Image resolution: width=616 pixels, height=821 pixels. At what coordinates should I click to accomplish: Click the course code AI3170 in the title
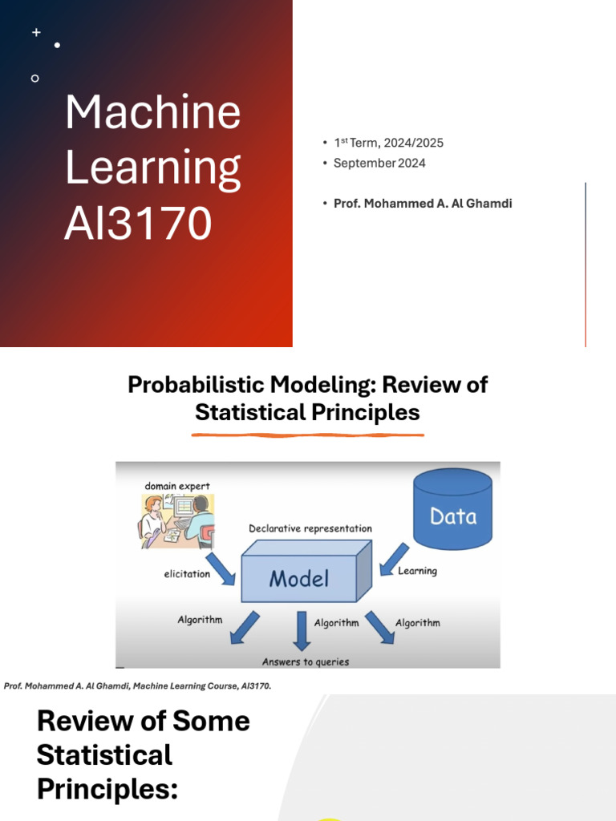pos(138,224)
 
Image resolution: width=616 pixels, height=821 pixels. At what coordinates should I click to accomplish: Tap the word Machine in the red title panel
pos(152,112)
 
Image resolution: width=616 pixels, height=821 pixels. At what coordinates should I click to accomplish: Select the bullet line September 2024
pos(379,163)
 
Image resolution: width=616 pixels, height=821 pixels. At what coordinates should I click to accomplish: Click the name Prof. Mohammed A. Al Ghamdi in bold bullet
pos(423,204)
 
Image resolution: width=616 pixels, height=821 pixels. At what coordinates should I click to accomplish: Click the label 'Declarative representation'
pos(310,528)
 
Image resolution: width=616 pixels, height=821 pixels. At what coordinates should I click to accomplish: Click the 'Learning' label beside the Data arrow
pos(417,571)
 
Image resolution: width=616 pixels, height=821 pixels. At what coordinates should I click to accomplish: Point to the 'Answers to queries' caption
pos(306,661)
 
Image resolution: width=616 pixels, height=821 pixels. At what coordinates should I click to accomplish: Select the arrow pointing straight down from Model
pos(301,630)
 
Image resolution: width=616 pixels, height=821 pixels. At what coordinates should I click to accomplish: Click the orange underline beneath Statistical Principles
pos(307,435)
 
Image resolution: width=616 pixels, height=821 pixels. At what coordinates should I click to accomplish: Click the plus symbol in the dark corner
pos(36,32)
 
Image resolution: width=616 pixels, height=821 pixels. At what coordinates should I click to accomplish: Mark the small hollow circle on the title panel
pos(34,78)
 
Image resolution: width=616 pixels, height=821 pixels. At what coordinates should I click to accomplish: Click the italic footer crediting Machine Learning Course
pos(138,686)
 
